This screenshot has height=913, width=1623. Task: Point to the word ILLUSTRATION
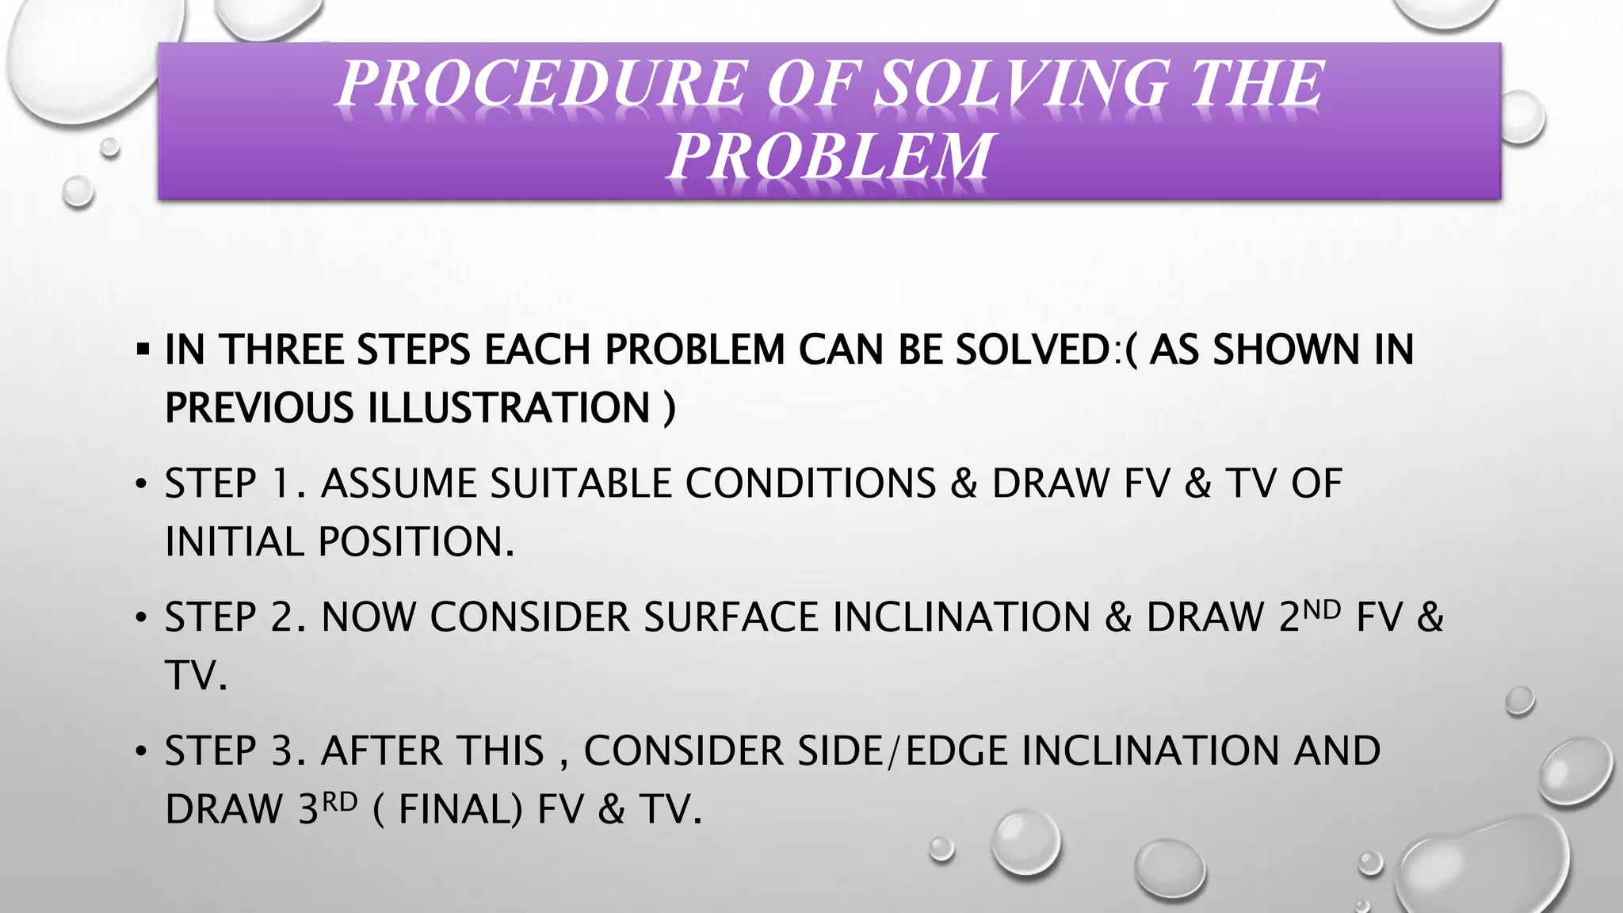(509, 408)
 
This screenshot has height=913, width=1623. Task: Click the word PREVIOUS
(259, 408)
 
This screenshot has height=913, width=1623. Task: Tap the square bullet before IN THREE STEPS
(143, 349)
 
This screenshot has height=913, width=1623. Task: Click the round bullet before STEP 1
(141, 483)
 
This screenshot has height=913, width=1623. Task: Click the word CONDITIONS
(810, 483)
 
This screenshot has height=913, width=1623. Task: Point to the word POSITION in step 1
(416, 542)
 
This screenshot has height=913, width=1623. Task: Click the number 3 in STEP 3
(282, 751)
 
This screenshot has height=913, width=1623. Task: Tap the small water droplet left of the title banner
(78, 191)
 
